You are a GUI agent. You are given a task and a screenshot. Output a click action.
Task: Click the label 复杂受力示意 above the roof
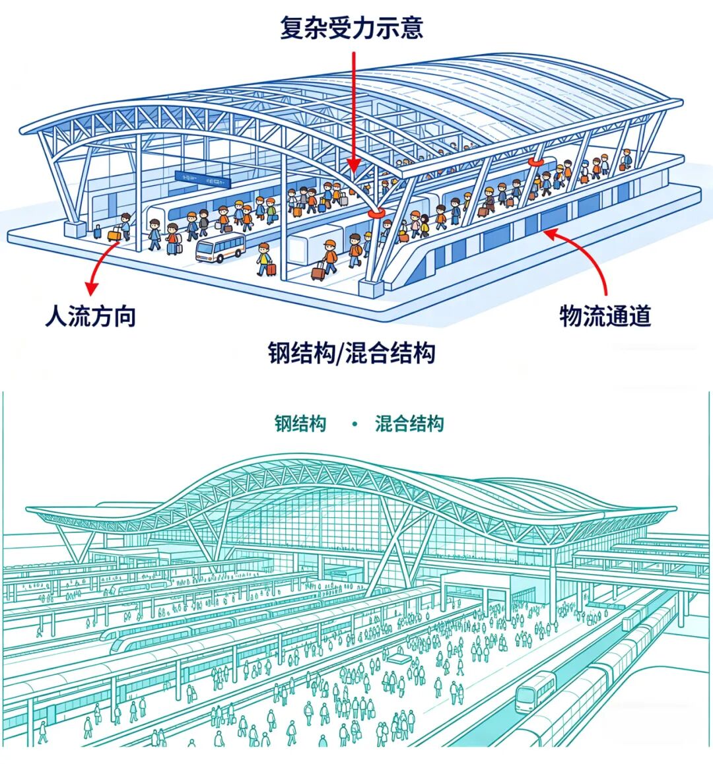(351, 28)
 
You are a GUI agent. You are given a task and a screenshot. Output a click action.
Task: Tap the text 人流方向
(90, 316)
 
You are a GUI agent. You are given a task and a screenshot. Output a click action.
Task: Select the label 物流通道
(605, 316)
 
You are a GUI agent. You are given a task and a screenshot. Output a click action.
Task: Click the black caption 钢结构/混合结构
(351, 353)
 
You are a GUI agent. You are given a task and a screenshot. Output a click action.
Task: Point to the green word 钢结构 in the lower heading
(300, 423)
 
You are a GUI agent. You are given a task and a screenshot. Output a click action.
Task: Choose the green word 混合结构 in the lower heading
(409, 423)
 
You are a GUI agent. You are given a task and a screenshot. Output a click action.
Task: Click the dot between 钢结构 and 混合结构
(355, 424)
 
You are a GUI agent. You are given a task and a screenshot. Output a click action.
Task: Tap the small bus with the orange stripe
(220, 248)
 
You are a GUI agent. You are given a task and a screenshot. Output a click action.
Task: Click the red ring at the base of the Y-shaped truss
(378, 212)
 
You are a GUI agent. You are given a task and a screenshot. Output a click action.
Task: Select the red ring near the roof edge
(535, 160)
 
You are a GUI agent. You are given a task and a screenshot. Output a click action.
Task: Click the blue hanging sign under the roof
(202, 177)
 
